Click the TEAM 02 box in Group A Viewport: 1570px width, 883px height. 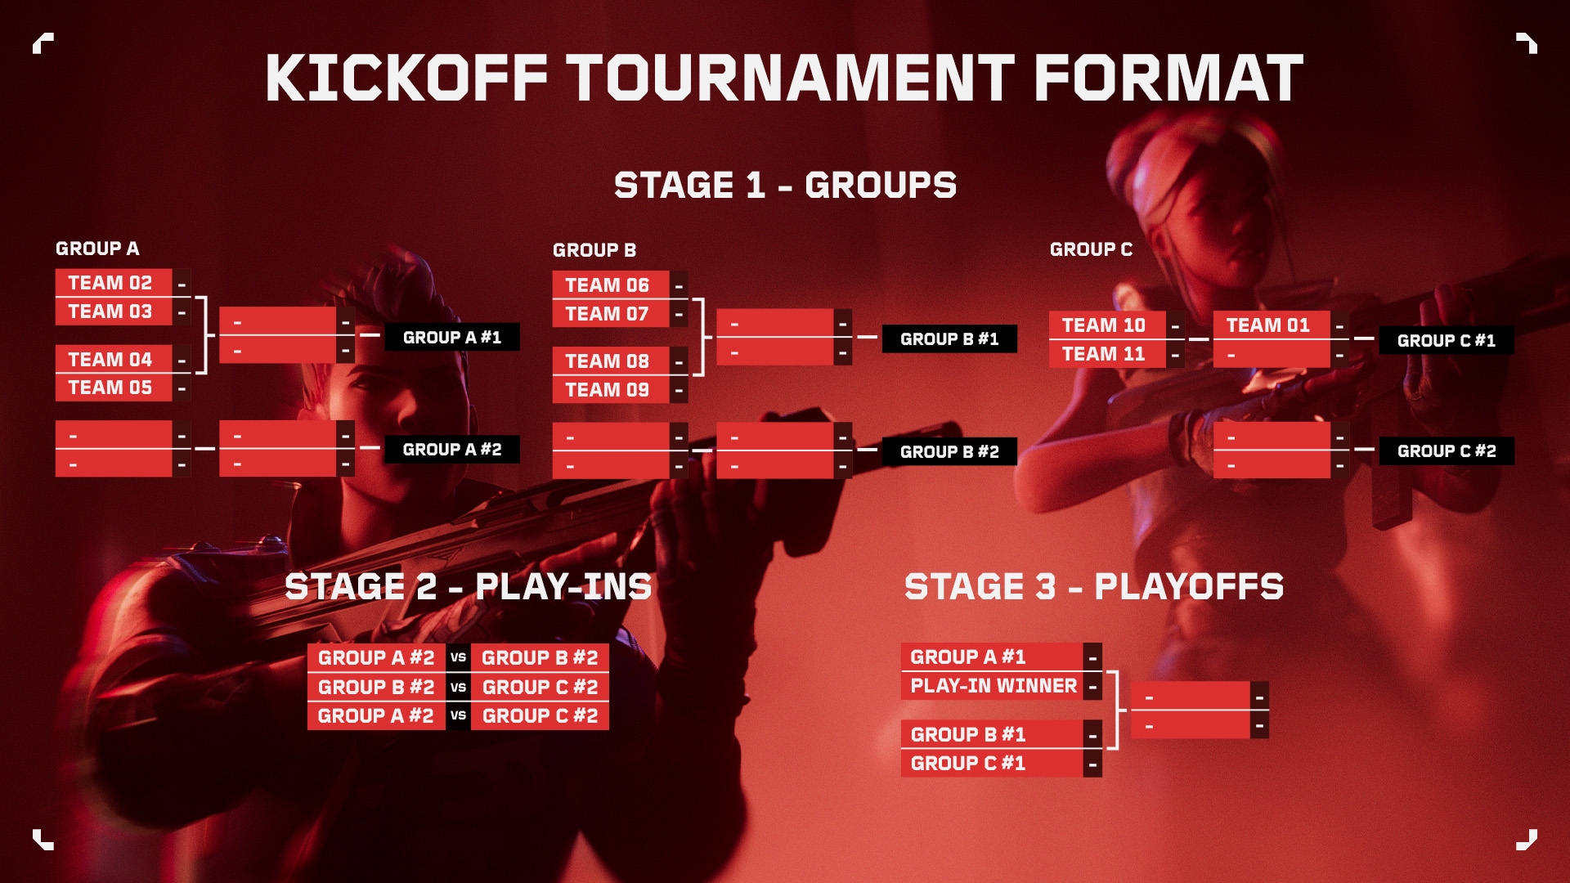113,283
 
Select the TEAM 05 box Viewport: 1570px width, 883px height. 113,388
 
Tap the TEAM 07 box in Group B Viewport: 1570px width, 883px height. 610,314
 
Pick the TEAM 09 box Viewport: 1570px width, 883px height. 610,390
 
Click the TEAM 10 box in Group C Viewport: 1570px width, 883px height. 1106,325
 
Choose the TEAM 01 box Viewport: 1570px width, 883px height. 1271,325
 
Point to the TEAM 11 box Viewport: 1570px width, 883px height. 1106,354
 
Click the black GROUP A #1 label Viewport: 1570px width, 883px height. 451,337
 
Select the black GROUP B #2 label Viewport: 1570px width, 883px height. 949,451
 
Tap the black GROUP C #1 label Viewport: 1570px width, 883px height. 1446,340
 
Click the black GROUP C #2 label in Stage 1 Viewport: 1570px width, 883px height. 1446,450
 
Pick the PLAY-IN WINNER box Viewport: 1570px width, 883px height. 993,686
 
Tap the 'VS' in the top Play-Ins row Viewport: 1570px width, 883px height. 458,657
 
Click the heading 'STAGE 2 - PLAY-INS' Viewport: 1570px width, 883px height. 469,586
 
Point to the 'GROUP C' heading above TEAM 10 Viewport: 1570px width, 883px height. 1091,249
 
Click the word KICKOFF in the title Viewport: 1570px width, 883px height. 406,78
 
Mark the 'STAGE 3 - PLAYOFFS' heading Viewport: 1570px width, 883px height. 1094,586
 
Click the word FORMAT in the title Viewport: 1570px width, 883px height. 1169,78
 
